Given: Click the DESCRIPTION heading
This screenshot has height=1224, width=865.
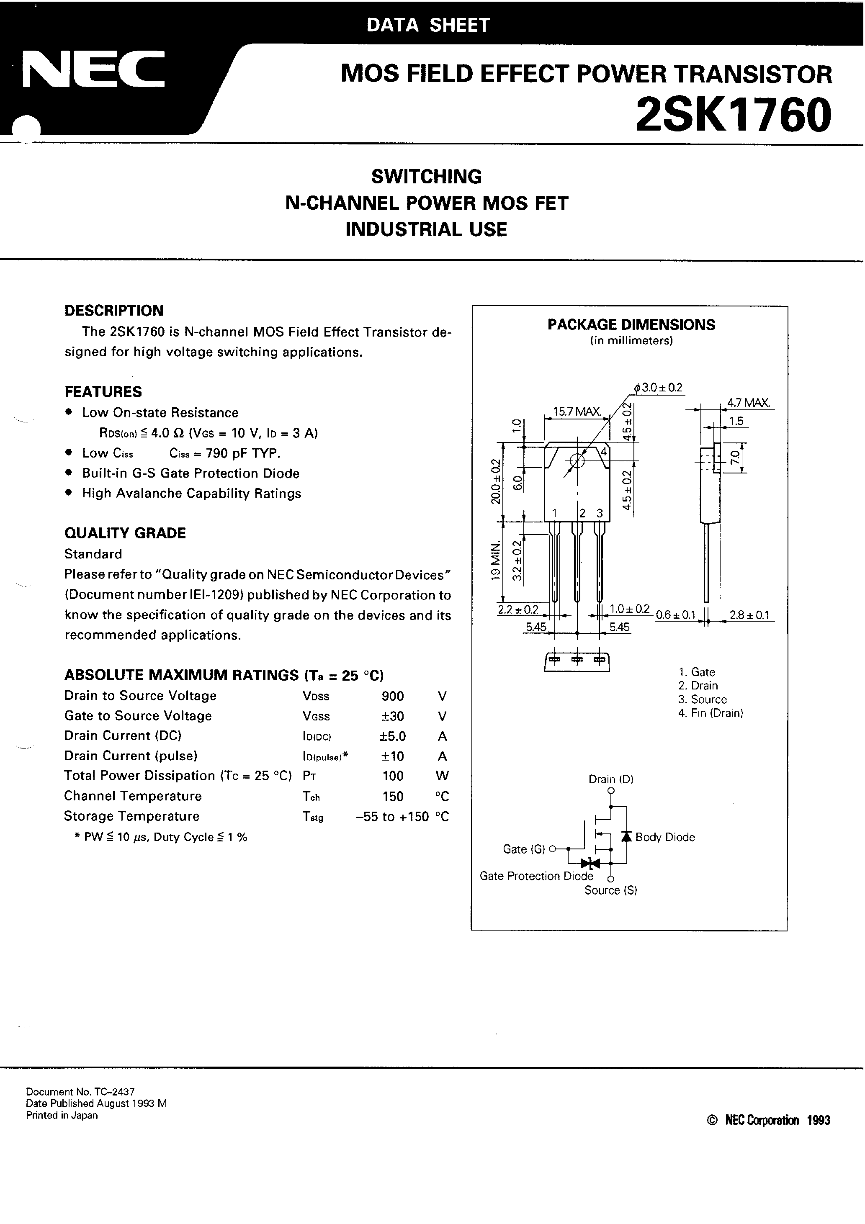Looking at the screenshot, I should point(114,311).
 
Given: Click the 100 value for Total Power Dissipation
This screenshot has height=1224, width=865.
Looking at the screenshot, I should point(393,776).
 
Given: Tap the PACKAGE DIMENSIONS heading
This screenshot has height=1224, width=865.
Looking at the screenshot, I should point(631,325).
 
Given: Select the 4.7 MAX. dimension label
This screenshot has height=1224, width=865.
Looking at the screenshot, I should point(749,403).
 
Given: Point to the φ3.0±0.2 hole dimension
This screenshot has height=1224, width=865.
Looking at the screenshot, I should point(658,388).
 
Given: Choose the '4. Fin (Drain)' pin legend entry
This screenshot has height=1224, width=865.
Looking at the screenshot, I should point(711,713).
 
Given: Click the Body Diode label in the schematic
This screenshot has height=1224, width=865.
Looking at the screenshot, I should point(665,838).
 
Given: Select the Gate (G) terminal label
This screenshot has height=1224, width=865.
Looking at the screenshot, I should point(524,849).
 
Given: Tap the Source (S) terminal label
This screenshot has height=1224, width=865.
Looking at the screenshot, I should point(610,890).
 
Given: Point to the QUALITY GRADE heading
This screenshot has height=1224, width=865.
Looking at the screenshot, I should point(125,533).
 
